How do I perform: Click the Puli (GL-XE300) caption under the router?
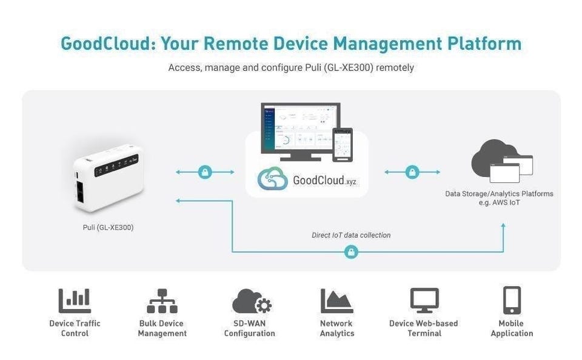(108, 227)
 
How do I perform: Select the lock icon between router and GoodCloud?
(205, 172)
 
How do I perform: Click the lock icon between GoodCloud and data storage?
(413, 172)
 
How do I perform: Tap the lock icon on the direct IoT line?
(351, 252)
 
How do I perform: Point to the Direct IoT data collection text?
(351, 235)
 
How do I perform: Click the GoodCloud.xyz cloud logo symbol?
(272, 179)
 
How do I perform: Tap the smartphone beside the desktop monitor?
(342, 144)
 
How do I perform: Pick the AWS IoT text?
(499, 202)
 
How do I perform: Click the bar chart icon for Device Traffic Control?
(75, 301)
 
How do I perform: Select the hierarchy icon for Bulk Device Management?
(162, 301)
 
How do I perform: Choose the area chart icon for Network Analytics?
(336, 301)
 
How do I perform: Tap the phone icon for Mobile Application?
(512, 300)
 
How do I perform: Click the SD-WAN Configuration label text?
(250, 328)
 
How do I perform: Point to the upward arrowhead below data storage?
(503, 226)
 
